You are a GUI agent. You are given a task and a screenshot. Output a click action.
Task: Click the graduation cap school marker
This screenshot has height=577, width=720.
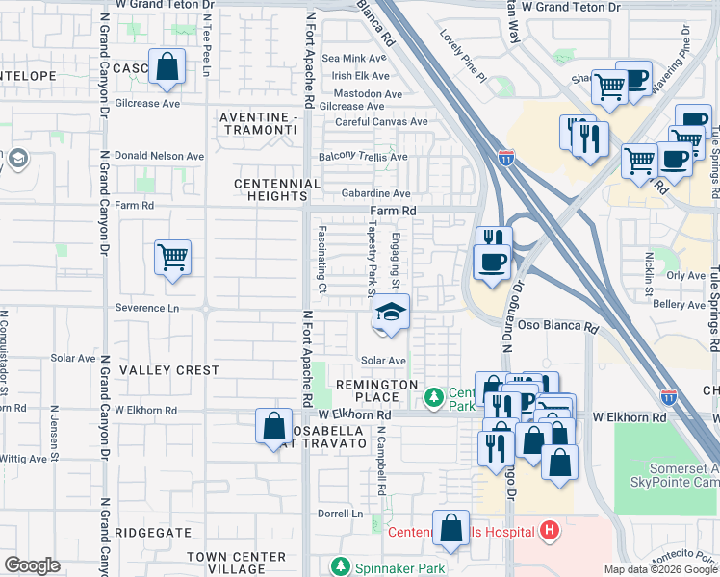[391, 313]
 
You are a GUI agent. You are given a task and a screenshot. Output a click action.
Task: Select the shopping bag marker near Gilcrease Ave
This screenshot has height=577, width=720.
[167, 67]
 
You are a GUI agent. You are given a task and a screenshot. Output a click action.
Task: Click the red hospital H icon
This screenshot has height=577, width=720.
[549, 530]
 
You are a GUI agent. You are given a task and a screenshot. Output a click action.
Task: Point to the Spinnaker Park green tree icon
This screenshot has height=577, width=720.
[339, 565]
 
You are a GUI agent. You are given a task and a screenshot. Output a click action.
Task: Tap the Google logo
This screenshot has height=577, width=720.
[32, 565]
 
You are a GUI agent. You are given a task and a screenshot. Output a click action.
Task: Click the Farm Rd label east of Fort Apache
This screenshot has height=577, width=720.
[394, 211]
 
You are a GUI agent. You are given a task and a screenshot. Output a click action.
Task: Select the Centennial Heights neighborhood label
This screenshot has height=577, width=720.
[278, 189]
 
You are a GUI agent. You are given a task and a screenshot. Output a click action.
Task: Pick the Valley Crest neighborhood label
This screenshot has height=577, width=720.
[168, 370]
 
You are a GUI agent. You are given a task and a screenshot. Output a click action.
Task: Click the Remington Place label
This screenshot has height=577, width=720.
[376, 391]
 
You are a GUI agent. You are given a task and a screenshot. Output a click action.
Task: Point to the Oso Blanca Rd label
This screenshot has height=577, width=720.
[558, 327]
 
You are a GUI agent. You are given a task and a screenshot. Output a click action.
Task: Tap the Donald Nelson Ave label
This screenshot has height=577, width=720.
[160, 156]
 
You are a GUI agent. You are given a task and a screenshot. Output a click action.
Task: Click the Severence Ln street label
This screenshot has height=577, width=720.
[147, 309]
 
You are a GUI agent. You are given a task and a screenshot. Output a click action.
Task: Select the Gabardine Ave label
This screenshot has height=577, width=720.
[374, 193]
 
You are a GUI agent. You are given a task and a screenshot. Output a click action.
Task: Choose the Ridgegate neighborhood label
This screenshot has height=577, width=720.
[159, 532]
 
